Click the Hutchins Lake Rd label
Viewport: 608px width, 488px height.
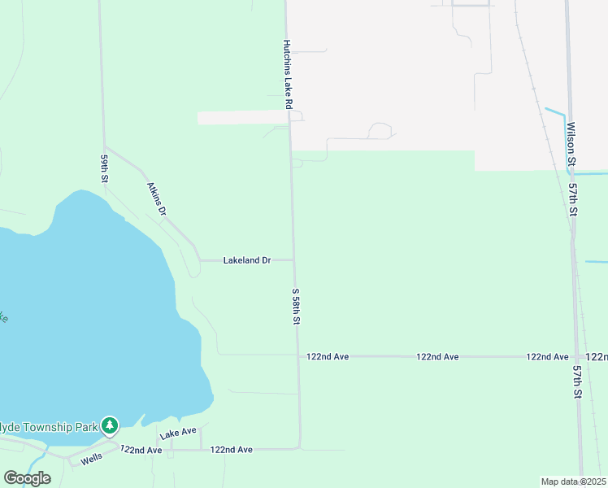287,75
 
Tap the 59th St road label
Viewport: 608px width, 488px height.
104,168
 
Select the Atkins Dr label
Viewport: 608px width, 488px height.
156,198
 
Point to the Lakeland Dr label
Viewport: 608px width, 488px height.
246,260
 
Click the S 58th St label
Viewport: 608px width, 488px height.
296,307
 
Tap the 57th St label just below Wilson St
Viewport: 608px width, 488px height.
573,199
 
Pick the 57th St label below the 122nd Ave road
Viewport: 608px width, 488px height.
577,381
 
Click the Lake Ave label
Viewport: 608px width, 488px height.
178,434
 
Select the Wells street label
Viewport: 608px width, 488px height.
92,460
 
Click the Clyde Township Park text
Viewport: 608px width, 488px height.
48,425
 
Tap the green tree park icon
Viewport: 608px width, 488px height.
110,425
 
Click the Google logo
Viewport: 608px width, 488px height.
27,478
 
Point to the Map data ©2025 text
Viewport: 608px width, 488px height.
573,481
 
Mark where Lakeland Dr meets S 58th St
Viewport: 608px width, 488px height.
293,260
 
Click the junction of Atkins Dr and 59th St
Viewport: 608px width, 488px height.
104,147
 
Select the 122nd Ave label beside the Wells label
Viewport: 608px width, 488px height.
141,449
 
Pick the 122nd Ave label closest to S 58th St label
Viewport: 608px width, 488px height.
328,356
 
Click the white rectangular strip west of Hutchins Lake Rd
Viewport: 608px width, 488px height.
241,118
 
